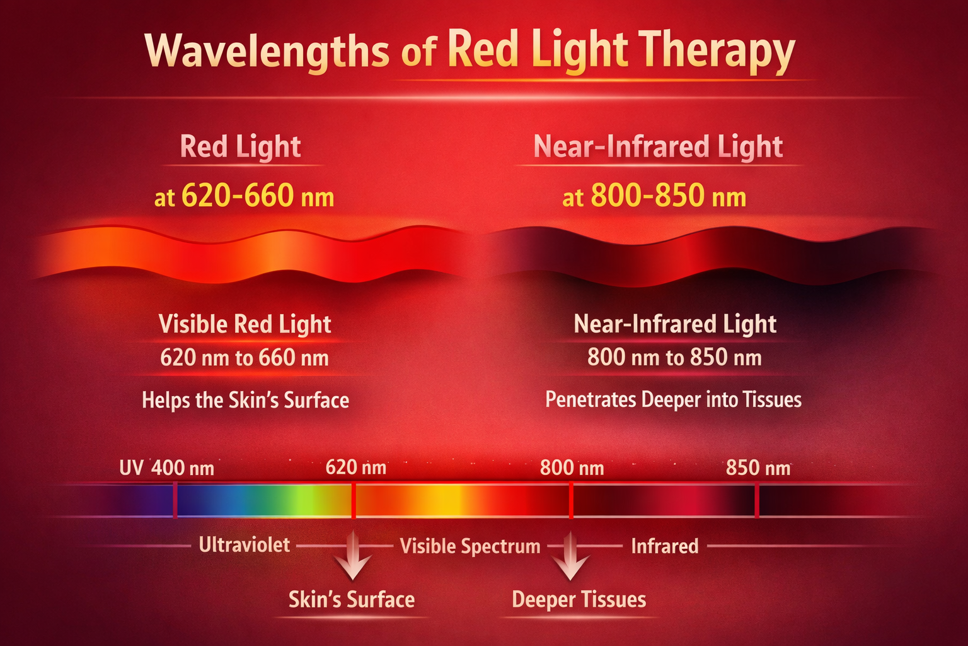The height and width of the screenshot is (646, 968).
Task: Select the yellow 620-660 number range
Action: point(238,196)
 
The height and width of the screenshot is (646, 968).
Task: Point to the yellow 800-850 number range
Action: point(647,196)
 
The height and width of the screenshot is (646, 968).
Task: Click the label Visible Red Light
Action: point(245,324)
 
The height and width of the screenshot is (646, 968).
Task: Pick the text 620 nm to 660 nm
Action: point(245,358)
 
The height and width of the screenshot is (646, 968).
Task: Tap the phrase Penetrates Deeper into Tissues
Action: point(673,399)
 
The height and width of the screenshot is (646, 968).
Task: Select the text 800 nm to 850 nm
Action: point(674,358)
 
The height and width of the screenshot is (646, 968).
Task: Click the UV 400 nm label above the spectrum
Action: point(167,468)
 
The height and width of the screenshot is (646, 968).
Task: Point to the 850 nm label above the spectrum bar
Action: point(758,468)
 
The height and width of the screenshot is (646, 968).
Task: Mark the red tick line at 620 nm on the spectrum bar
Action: point(354,500)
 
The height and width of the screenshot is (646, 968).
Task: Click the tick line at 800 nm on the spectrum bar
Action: point(571,500)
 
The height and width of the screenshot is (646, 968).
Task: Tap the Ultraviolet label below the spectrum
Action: point(245,545)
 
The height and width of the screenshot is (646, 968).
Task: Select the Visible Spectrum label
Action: point(470,546)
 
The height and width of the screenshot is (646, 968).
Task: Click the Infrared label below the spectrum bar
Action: point(665,546)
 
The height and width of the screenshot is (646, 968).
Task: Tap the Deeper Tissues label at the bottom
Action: point(579,599)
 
